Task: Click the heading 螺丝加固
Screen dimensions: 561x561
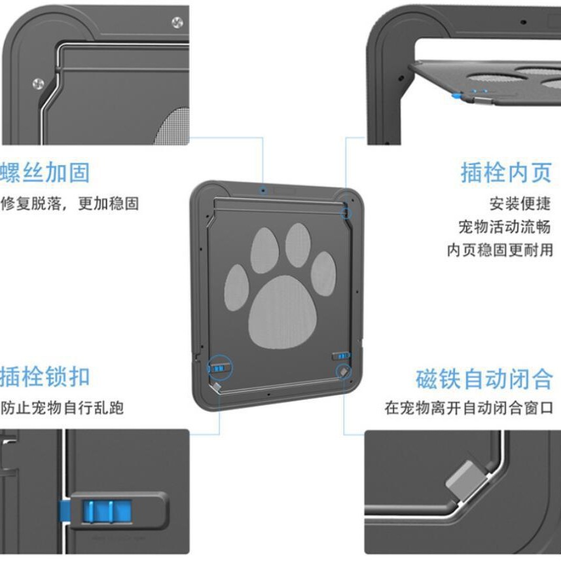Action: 45,173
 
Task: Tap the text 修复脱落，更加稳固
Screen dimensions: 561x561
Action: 69,204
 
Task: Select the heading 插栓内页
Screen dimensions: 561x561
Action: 506,173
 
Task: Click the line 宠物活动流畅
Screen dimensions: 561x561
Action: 504,227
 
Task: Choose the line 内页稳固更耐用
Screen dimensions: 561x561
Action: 499,250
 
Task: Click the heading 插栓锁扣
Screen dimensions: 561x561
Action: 45,378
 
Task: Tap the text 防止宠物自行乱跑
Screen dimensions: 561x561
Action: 62,408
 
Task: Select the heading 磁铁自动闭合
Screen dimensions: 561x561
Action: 484,379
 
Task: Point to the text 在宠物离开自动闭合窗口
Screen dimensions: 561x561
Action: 469,408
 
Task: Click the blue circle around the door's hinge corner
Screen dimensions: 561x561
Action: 346,211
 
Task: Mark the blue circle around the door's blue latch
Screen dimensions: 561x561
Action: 221,367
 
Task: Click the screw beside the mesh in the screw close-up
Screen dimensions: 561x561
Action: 38,84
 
